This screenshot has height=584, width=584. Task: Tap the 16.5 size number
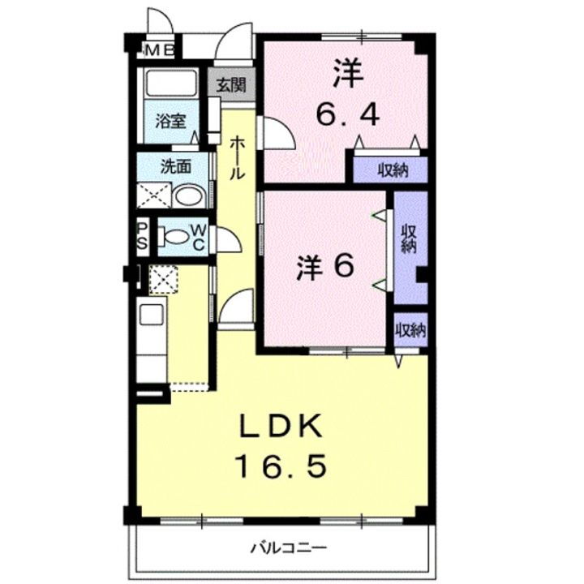[x=281, y=466]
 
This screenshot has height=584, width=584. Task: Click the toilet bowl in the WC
[x=174, y=237]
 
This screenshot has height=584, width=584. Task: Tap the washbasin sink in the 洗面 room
[x=190, y=195]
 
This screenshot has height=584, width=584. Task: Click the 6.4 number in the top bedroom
[x=346, y=116]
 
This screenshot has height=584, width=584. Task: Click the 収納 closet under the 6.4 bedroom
[x=391, y=170]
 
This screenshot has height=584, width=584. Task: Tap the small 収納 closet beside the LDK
[x=410, y=330]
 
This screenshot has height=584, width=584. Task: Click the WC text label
[x=198, y=237]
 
